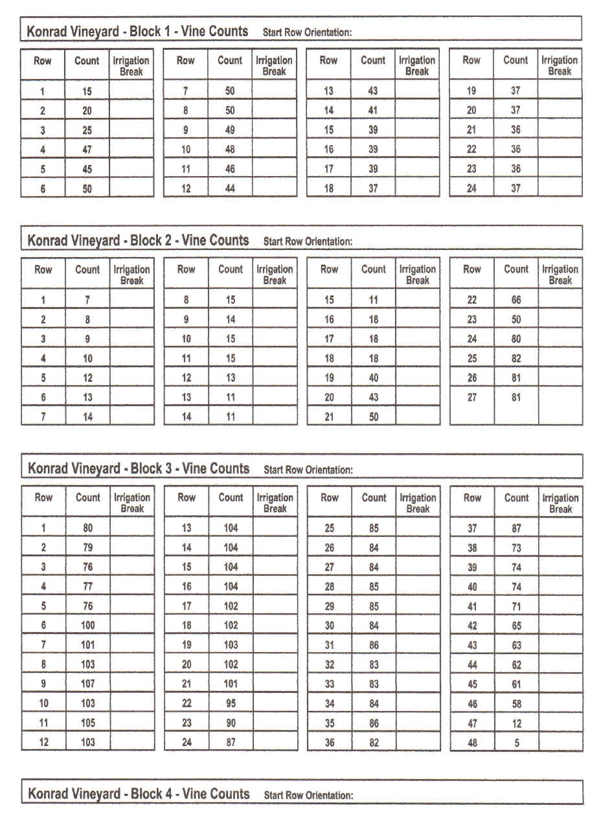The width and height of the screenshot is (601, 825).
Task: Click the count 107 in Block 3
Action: tap(87, 684)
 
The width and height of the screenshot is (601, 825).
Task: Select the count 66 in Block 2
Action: tap(516, 300)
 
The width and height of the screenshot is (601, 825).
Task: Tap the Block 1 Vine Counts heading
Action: tap(137, 31)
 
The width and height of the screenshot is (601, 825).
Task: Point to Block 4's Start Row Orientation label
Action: tap(308, 795)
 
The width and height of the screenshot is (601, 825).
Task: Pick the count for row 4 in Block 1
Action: tap(87, 150)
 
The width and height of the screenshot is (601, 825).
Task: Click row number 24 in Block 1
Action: tap(471, 188)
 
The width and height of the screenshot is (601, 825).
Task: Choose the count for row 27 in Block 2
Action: tap(516, 398)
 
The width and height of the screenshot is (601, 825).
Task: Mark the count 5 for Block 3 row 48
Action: tap(517, 743)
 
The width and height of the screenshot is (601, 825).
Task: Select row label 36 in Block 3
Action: tap(330, 743)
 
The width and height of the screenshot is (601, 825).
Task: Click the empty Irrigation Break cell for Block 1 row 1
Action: tap(131, 91)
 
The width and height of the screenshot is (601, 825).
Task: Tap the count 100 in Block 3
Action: tap(87, 625)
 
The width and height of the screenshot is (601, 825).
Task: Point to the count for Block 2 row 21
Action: tap(374, 417)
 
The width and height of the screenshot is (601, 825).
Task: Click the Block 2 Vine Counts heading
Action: tap(137, 240)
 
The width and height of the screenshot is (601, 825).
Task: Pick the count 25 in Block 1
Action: tap(87, 130)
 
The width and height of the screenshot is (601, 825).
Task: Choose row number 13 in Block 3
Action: tap(187, 528)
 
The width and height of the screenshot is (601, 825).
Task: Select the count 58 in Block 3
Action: tap(516, 704)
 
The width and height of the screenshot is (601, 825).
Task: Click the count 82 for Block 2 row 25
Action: tap(516, 359)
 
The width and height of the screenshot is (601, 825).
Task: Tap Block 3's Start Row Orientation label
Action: tap(308, 470)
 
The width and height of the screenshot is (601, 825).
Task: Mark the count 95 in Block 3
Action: tap(231, 703)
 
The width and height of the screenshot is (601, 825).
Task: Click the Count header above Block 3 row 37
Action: tap(516, 498)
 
